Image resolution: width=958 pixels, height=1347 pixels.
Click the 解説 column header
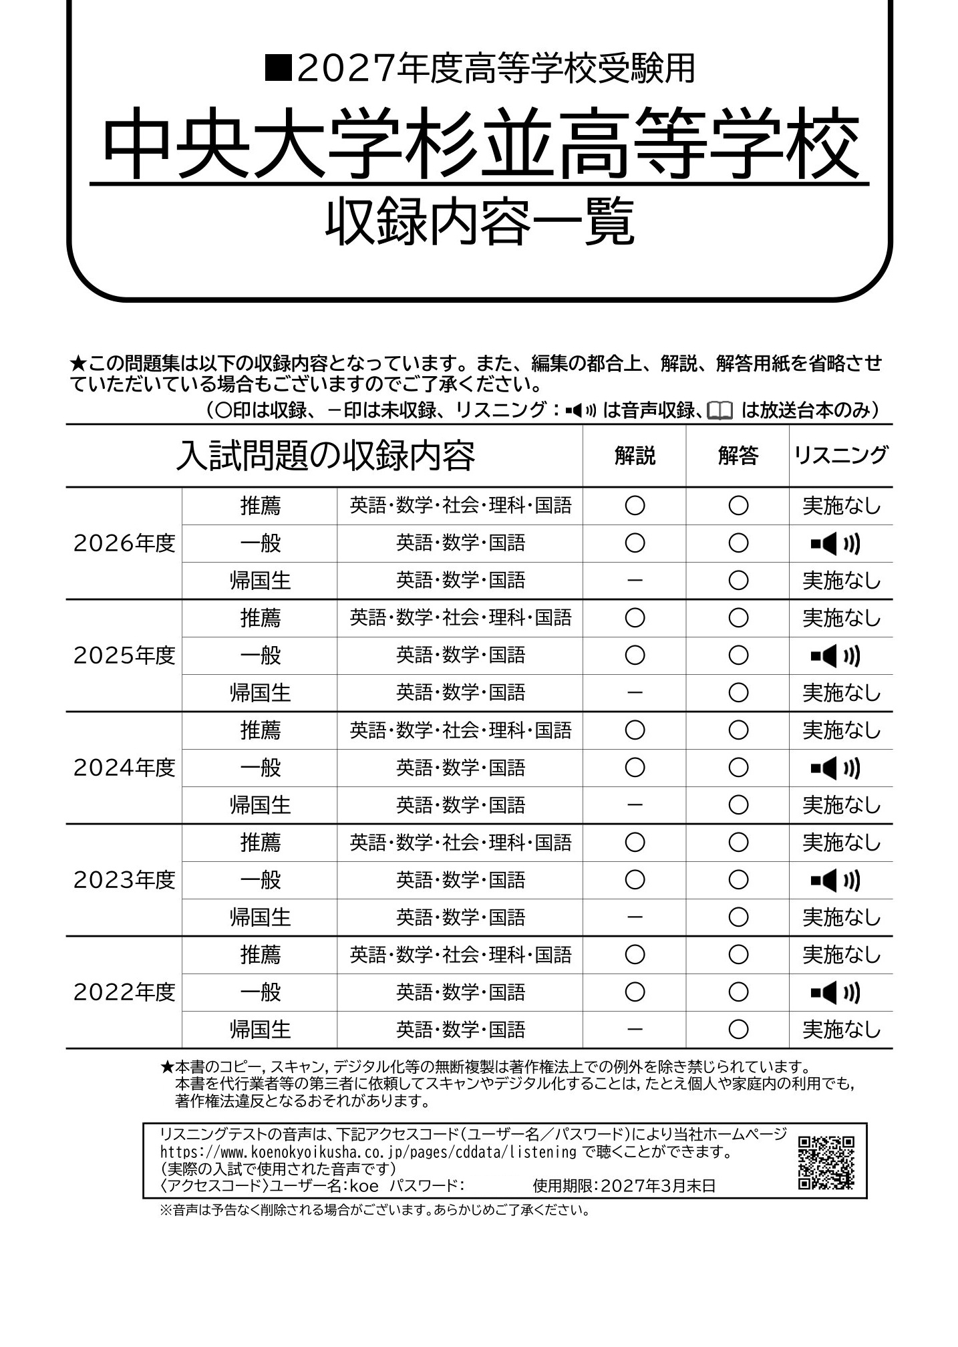(635, 456)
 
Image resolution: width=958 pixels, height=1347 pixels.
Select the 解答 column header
(738, 456)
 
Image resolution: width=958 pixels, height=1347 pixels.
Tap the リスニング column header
(840, 456)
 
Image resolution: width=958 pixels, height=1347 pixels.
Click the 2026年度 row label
(124, 543)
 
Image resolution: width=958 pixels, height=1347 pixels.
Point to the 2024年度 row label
(124, 768)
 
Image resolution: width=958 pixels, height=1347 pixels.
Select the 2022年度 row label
(124, 992)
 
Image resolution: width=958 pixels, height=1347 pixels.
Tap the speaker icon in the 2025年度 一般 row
(834, 656)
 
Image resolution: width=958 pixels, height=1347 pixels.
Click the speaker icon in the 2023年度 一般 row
(834, 881)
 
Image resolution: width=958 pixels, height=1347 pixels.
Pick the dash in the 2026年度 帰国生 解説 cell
(635, 581)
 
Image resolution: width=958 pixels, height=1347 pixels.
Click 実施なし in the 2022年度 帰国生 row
(841, 1030)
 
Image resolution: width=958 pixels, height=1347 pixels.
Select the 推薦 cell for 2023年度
(260, 843)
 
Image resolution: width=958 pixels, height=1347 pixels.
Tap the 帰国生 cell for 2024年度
(260, 805)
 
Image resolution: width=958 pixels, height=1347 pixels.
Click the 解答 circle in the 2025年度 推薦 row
(738, 618)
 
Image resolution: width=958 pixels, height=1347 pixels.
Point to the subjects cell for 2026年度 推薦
(460, 506)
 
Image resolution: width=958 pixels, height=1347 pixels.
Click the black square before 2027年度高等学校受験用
(277, 68)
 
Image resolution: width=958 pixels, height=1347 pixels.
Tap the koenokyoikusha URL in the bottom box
(368, 1152)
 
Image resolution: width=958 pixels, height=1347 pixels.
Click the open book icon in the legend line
(720, 410)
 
